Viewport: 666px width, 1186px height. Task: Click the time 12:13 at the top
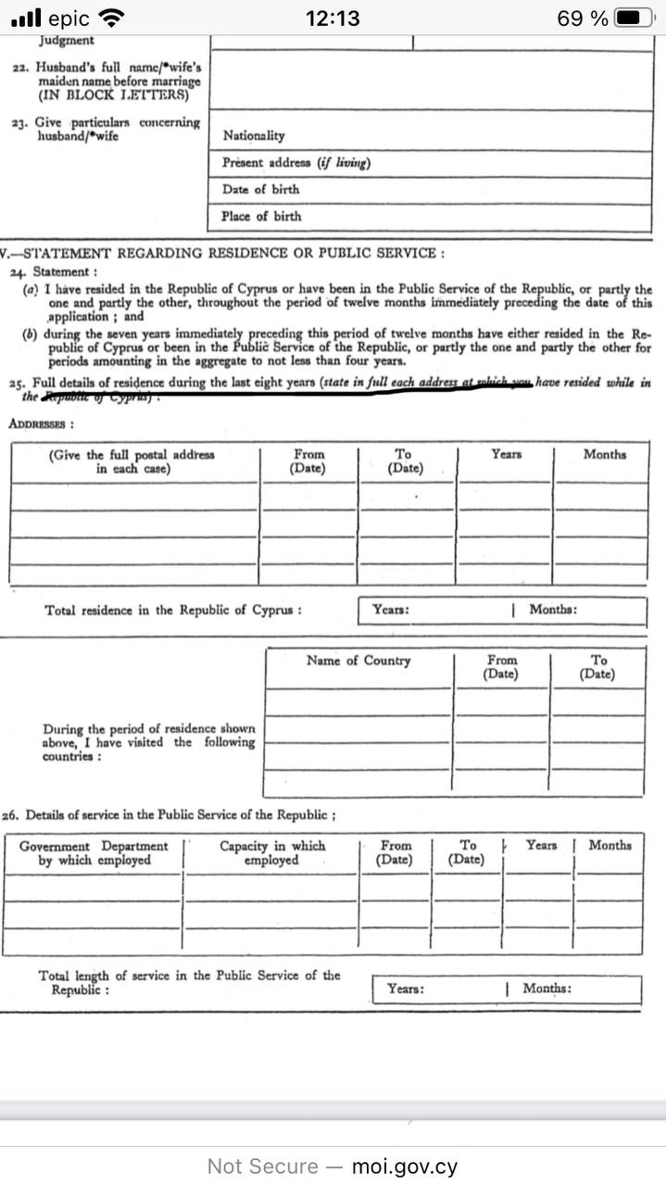[x=333, y=18]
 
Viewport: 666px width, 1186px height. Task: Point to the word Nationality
[x=253, y=136]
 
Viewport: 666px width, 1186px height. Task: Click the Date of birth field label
[x=260, y=189]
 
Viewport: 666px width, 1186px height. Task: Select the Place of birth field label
[x=261, y=216]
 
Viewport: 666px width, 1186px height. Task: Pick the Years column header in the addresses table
[x=506, y=455]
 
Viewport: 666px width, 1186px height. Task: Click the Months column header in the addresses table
[x=604, y=455]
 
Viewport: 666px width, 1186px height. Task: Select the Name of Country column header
[x=358, y=661]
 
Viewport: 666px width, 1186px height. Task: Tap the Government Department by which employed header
[x=94, y=852]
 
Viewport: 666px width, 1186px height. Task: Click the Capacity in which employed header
[x=271, y=852]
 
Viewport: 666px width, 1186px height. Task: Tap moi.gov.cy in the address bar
[x=404, y=1167]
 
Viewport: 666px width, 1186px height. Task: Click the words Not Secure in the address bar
[x=262, y=1167]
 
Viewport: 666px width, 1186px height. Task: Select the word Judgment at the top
[x=66, y=41]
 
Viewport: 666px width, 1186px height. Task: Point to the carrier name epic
[x=69, y=18]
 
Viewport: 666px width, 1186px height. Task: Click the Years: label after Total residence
[x=390, y=610]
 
